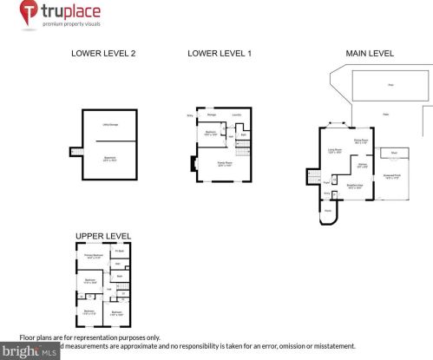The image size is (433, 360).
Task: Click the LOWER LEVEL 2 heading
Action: pyautogui.click(x=102, y=54)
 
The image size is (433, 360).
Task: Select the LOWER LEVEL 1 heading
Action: pyautogui.click(x=219, y=54)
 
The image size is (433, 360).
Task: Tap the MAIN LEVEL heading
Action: pyautogui.click(x=370, y=54)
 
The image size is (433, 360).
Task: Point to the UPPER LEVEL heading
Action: pyautogui.click(x=102, y=236)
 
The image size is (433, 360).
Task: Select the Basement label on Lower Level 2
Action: pyautogui.click(x=110, y=157)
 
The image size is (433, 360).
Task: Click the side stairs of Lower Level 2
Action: pyautogui.click(x=75, y=153)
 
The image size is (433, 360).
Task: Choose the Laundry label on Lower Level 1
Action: pyautogui.click(x=236, y=115)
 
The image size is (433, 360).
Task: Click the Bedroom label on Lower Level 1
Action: pyautogui.click(x=210, y=133)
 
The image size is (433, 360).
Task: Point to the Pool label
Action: pyautogui.click(x=391, y=85)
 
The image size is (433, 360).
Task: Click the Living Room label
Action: pyautogui.click(x=334, y=149)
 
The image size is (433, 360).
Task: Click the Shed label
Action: pyautogui.click(x=394, y=152)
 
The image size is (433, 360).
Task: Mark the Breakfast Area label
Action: pyautogui.click(x=354, y=185)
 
